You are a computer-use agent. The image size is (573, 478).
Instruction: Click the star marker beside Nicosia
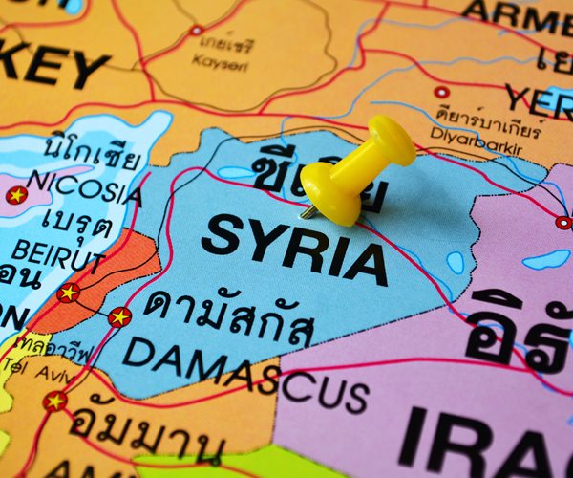(x=16, y=195)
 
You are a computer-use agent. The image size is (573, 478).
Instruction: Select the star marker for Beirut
(x=68, y=293)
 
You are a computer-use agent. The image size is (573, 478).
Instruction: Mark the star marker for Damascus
(x=119, y=316)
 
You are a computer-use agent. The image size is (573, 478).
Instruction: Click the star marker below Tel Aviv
(x=55, y=401)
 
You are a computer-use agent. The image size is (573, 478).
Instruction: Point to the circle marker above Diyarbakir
(x=441, y=93)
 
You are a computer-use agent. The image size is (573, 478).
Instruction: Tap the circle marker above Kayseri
(x=197, y=31)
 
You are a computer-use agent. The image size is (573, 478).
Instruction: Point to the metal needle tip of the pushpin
(x=305, y=213)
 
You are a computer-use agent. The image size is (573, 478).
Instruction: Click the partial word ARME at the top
(x=516, y=14)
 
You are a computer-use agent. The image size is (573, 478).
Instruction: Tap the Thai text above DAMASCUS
(x=229, y=315)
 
